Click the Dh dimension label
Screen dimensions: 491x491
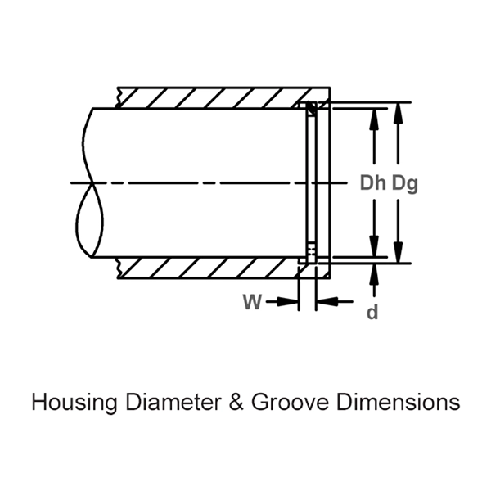coord(373,183)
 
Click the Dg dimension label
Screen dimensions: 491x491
coord(404,183)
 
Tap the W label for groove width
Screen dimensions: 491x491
coord(252,302)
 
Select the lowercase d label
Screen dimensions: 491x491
coord(372,313)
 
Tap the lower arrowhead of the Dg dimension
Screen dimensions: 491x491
coord(399,255)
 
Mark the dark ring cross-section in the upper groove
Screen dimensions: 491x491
coord(310,107)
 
